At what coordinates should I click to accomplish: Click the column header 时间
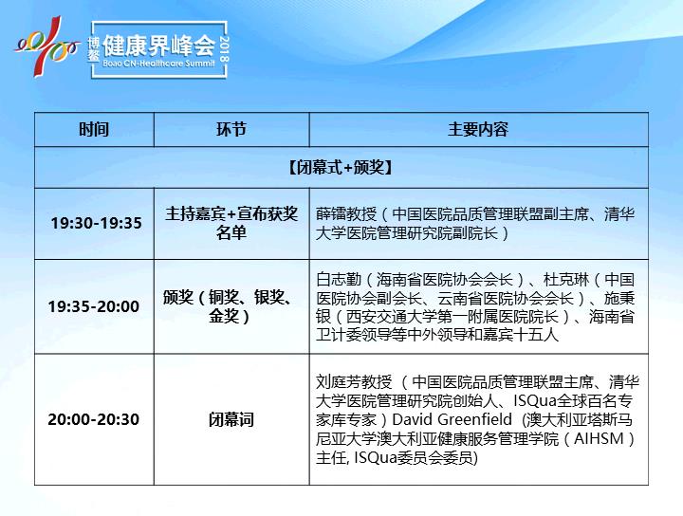[x=94, y=129]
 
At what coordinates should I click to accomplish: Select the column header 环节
[x=231, y=129]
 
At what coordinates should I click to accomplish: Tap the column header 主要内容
[x=478, y=129]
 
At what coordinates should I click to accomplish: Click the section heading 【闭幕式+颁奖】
[x=341, y=167]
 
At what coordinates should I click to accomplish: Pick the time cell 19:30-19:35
[x=96, y=223]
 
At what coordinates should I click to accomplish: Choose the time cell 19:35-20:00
[x=94, y=306]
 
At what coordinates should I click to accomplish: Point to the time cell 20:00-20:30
[x=94, y=419]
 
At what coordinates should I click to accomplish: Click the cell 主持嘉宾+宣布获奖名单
[x=231, y=223]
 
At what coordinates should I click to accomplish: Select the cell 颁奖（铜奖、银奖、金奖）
[x=229, y=306]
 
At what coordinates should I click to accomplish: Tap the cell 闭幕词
[x=231, y=420]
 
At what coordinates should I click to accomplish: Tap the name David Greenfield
[x=452, y=419]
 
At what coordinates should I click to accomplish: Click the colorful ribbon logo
[x=46, y=46]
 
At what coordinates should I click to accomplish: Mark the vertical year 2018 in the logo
[x=225, y=48]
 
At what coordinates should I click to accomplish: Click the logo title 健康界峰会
[x=159, y=46]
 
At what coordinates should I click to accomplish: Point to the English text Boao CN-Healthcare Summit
[x=159, y=64]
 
